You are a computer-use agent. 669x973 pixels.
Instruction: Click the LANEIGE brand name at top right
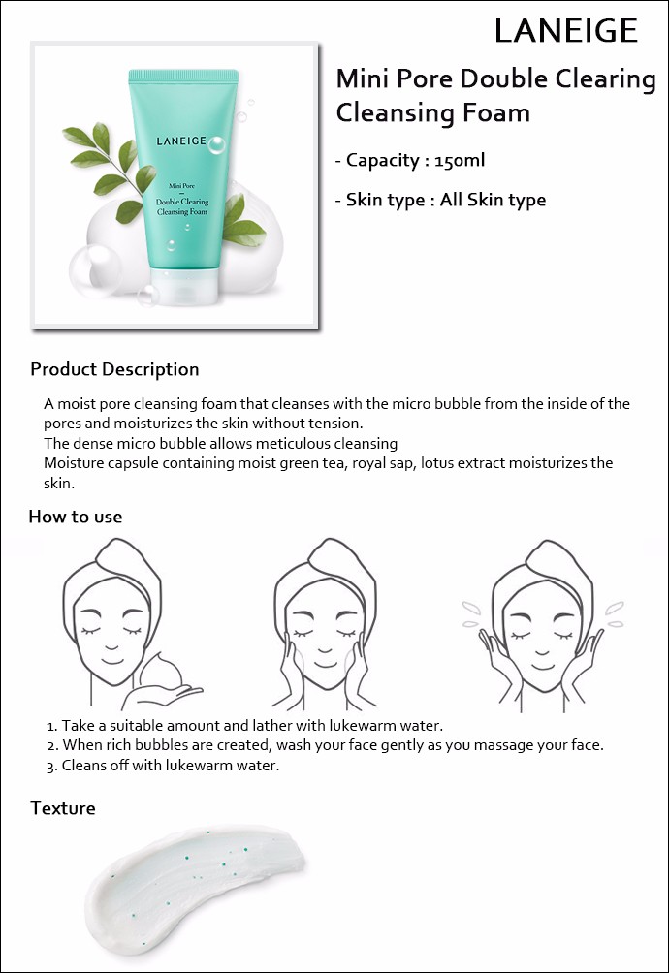[x=566, y=30]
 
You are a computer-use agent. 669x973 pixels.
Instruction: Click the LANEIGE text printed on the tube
[x=181, y=141]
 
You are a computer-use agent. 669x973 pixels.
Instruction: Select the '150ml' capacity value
[x=460, y=160]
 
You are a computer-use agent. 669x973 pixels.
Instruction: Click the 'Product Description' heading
[x=114, y=369]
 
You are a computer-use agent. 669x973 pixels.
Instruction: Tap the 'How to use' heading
[x=76, y=517]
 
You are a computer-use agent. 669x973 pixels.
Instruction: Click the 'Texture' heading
[x=63, y=808]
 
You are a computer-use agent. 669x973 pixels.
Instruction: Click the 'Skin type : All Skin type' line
[x=440, y=200]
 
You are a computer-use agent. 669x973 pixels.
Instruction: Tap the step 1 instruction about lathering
[x=244, y=726]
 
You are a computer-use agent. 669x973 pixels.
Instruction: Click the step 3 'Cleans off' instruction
[x=163, y=765]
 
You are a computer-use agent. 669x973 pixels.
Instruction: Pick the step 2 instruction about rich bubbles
[x=325, y=745]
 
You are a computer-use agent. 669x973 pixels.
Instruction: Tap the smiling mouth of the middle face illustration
[x=325, y=663]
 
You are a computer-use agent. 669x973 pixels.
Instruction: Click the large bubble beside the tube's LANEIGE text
[x=216, y=145]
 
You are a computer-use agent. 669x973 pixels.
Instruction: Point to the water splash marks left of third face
[x=471, y=612]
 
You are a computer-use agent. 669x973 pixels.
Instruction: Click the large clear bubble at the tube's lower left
[x=95, y=270]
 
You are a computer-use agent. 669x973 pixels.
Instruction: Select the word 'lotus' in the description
[x=436, y=463]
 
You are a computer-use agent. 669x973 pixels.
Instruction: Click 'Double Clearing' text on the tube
[x=182, y=201]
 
